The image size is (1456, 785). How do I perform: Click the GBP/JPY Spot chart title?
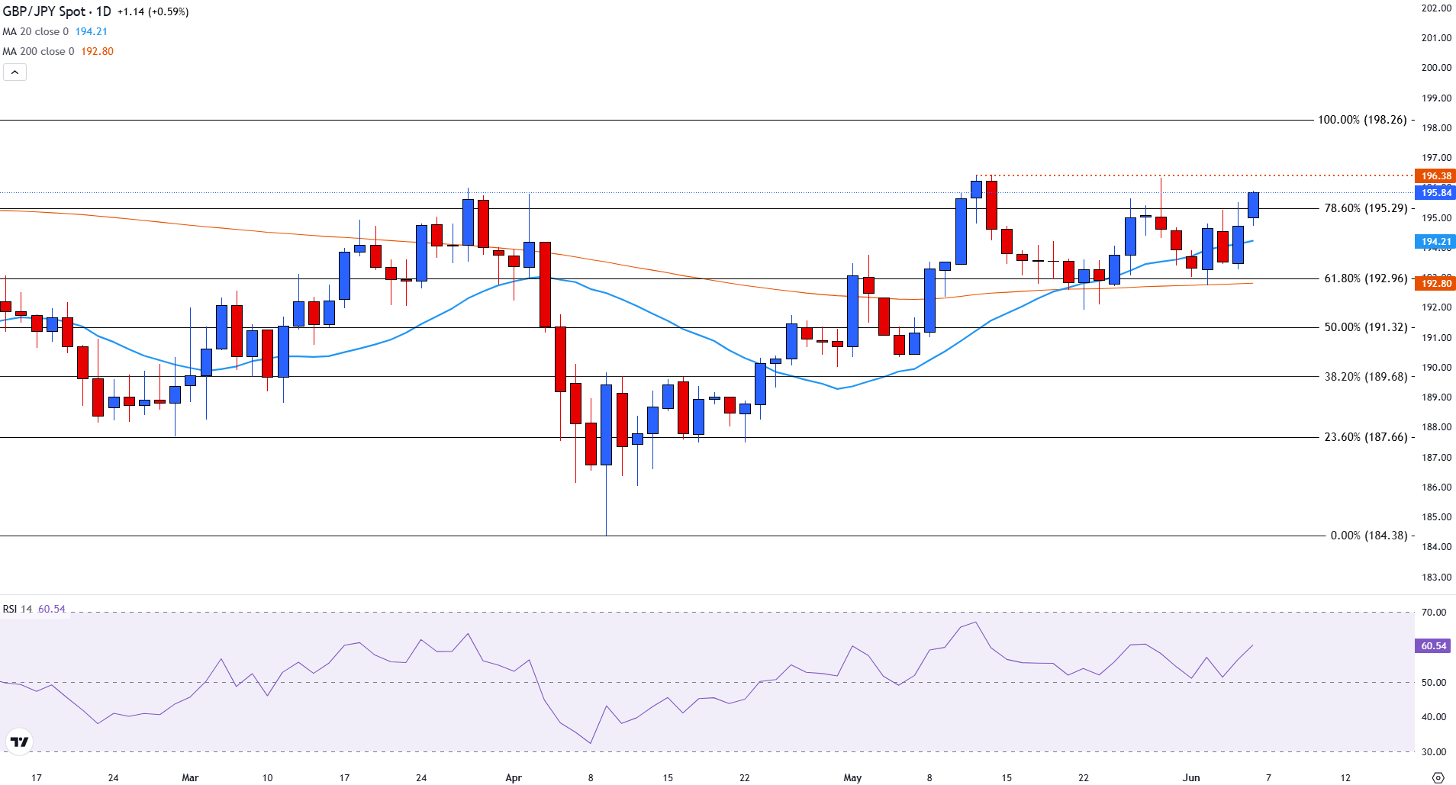56,11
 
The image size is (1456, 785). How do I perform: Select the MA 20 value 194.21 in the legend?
91,31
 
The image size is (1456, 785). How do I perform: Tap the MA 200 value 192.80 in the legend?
97,51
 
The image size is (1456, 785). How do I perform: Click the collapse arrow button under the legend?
14,72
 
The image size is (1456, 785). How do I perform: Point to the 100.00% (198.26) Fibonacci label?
1362,120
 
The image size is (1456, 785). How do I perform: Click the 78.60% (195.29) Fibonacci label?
1365,208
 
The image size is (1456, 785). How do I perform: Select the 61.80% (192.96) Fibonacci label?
1365,278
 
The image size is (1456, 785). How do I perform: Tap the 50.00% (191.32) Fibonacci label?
1365,327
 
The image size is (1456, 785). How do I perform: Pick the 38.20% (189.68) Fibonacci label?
1365,377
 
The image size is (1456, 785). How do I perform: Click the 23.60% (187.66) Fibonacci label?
1365,437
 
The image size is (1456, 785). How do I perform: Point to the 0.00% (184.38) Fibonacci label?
1368,536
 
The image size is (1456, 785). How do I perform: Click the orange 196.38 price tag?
1435,176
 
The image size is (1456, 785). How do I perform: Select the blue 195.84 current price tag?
1435,193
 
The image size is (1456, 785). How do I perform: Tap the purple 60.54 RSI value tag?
1434,645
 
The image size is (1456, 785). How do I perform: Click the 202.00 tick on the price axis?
1436,8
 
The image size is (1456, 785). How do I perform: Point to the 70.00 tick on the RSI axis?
1434,612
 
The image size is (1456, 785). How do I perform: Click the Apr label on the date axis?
514,777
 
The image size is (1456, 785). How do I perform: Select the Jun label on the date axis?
1191,777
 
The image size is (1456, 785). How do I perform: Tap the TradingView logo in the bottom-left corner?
19,742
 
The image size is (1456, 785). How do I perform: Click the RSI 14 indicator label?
18,609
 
